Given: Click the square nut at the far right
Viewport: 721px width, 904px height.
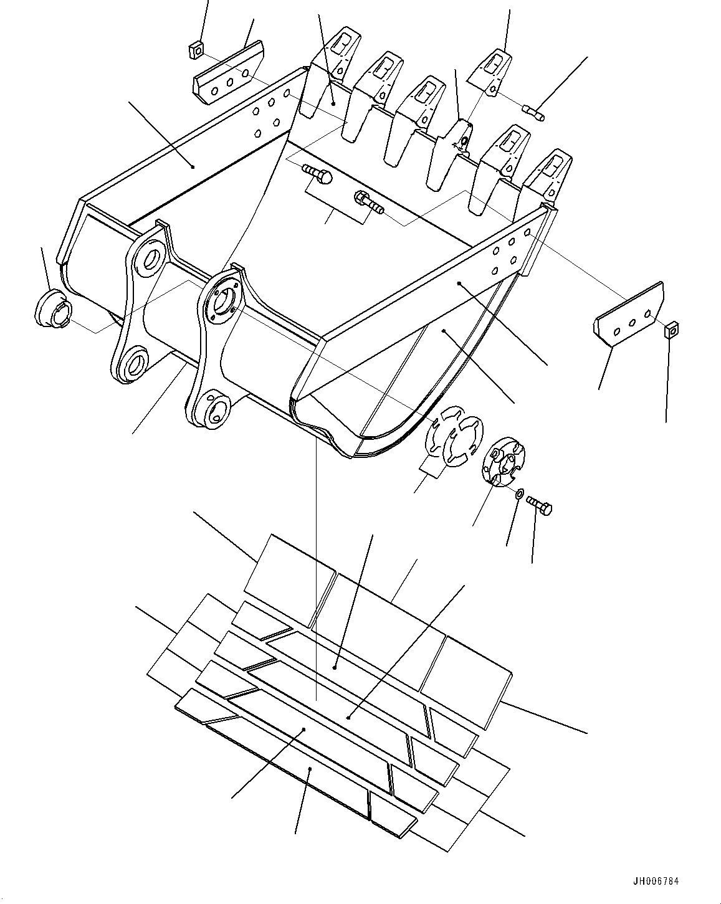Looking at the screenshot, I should pyautogui.click(x=671, y=328).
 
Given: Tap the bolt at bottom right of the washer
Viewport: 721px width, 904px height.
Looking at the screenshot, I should pyautogui.click(x=540, y=505).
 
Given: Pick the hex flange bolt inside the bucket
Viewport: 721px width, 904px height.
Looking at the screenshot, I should pyautogui.click(x=368, y=201).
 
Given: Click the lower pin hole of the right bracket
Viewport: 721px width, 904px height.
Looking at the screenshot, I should pyautogui.click(x=214, y=410).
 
